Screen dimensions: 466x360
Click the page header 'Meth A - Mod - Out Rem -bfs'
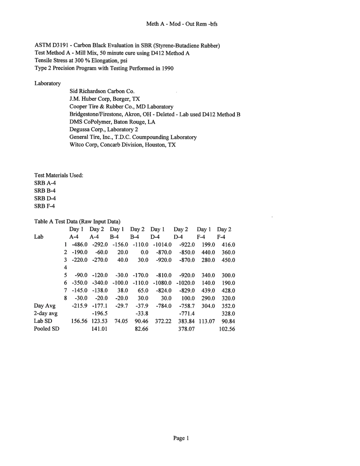(182, 24)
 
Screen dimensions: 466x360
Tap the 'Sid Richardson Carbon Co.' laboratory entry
(102, 91)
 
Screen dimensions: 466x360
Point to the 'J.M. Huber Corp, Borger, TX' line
(105, 99)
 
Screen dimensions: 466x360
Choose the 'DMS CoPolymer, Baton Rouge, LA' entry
(112, 122)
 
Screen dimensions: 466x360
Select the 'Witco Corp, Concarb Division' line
(122, 145)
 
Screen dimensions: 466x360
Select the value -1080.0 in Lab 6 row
(162, 283)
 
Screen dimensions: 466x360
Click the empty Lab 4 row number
(66, 268)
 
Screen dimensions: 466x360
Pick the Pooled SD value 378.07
(186, 329)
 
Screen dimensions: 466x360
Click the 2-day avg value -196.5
(100, 314)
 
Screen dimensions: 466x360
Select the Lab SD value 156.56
(79, 321)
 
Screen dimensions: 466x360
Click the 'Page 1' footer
(181, 438)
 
